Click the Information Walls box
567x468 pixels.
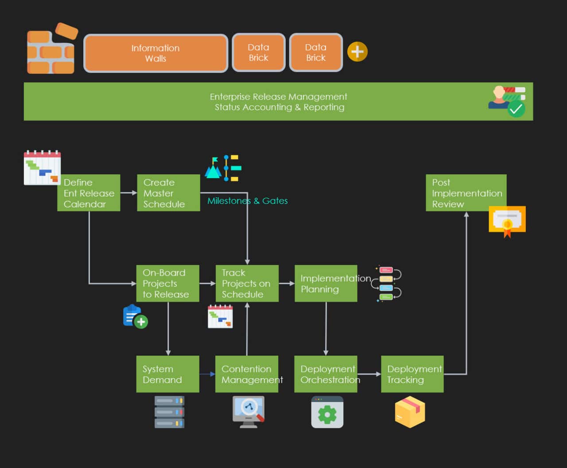point(155,53)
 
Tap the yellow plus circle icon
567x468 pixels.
point(357,52)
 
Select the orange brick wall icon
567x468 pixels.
point(51,50)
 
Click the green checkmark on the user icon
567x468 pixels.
point(516,109)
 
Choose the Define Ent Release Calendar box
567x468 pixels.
point(89,193)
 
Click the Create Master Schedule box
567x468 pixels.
point(168,193)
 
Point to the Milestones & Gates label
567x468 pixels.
point(247,201)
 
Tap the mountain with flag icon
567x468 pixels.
point(213,168)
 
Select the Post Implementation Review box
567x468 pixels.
point(466,193)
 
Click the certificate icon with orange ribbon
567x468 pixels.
point(507,220)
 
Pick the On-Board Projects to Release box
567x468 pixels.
point(167,284)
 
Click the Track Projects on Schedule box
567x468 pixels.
point(247,284)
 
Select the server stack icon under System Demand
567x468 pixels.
point(169,412)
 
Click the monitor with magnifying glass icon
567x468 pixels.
point(249,411)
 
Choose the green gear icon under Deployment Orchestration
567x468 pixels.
point(327,412)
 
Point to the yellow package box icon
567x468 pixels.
point(410,412)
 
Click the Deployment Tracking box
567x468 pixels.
point(412,374)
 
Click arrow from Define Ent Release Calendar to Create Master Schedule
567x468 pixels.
point(128,193)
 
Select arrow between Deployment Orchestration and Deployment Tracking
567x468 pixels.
point(369,374)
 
